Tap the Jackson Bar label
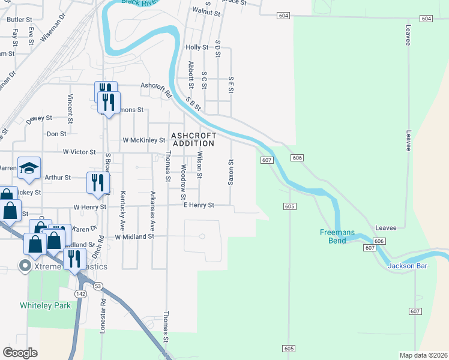(408, 266)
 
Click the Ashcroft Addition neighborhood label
(193, 139)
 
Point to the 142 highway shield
(81, 293)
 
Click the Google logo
(20, 353)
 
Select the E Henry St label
(199, 205)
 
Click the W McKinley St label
(143, 140)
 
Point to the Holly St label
(197, 47)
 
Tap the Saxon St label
(230, 172)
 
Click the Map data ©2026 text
(423, 355)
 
